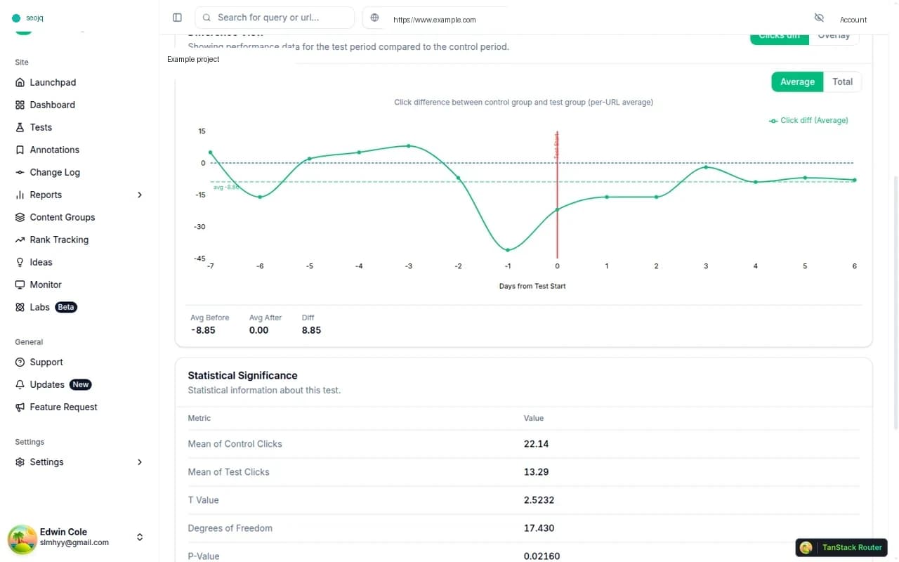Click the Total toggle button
pyautogui.click(x=842, y=81)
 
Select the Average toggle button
pyautogui.click(x=797, y=81)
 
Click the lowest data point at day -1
pyautogui.click(x=508, y=250)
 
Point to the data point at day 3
pyautogui.click(x=706, y=167)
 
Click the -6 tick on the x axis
pyautogui.click(x=260, y=266)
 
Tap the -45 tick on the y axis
pyautogui.click(x=199, y=259)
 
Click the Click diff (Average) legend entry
pyautogui.click(x=808, y=120)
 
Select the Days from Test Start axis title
pyautogui.click(x=532, y=286)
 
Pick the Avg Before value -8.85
pyautogui.click(x=203, y=330)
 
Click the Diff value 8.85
pyautogui.click(x=311, y=330)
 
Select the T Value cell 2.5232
pyautogui.click(x=539, y=500)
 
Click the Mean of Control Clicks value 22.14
pyautogui.click(x=536, y=444)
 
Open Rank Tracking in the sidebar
pyautogui.click(x=59, y=240)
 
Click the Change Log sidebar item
pyautogui.click(x=55, y=172)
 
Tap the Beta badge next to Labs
pyautogui.click(x=66, y=307)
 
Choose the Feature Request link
pyautogui.click(x=63, y=407)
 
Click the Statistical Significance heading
pyautogui.click(x=242, y=375)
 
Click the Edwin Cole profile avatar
pyautogui.click(x=22, y=538)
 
